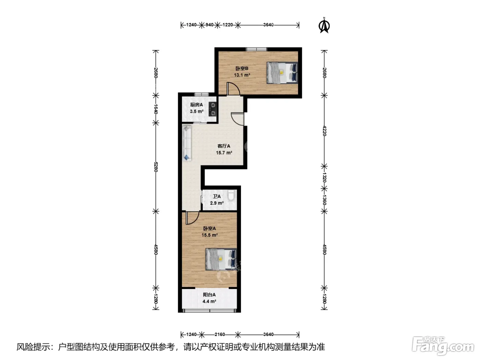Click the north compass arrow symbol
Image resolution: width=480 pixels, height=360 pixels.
click(x=324, y=26)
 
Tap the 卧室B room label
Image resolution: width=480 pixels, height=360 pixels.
click(x=242, y=69)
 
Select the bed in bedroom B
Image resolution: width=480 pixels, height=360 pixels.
click(x=282, y=73)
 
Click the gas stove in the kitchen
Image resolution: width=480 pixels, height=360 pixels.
click(x=213, y=109)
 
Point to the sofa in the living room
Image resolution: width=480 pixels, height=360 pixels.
click(x=187, y=143)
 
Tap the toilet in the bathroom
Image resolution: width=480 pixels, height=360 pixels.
click(x=231, y=195)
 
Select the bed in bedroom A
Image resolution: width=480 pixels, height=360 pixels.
click(x=221, y=259)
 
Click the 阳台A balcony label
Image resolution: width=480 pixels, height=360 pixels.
click(x=209, y=295)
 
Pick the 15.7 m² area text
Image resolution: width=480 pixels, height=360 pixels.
click(x=224, y=153)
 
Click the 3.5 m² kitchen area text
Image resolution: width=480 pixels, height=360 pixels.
click(x=196, y=111)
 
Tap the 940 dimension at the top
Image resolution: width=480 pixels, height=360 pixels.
click(x=209, y=25)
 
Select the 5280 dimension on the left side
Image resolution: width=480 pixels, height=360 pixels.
click(x=156, y=167)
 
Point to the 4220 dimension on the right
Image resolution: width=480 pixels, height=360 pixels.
click(x=324, y=131)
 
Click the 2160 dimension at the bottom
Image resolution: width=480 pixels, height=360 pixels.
click(x=219, y=334)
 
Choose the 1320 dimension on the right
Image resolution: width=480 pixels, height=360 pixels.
click(x=324, y=177)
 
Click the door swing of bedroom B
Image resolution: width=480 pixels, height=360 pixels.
click(x=233, y=88)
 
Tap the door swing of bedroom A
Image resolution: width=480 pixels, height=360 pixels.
click(x=192, y=217)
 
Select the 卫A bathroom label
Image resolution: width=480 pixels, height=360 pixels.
click(x=217, y=196)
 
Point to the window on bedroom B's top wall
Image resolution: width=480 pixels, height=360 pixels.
click(x=256, y=49)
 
